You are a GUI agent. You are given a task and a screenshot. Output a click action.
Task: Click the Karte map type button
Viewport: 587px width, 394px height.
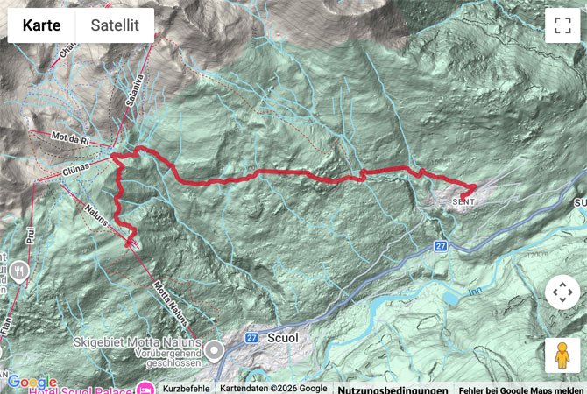41,25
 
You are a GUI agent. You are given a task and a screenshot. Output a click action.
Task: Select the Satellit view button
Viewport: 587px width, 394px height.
115,25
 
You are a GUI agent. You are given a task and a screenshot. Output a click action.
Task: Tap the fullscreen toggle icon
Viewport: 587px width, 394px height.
562,25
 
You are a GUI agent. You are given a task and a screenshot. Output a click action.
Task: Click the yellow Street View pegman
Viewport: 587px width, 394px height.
562,356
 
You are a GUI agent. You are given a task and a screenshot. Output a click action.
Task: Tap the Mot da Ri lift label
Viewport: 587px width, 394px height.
72,139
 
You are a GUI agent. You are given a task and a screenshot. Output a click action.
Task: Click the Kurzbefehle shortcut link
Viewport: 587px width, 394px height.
184,389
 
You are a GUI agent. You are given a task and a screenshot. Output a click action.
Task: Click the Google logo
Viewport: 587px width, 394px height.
31,383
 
